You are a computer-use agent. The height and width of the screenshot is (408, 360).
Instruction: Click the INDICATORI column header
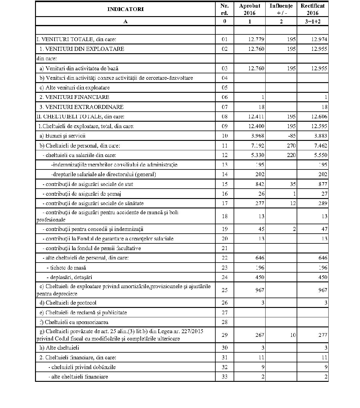tap(125, 9)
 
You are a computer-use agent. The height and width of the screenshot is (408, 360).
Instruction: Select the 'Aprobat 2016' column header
tap(249, 9)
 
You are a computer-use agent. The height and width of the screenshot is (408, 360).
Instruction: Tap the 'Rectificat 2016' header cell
tap(312, 9)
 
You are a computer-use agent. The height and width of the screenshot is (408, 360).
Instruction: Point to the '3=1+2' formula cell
tap(312, 21)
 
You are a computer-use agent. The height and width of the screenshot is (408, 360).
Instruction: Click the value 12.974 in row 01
tap(319, 39)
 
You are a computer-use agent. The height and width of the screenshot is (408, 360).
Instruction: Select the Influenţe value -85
tap(291, 136)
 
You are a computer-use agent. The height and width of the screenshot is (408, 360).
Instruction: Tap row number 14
tap(224, 174)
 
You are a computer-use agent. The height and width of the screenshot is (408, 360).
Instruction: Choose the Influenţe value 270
tap(291, 145)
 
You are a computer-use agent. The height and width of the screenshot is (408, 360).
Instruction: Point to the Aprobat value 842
tap(259, 184)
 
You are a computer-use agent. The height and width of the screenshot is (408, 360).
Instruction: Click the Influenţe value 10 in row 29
tap(293, 335)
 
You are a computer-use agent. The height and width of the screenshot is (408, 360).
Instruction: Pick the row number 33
tap(224, 377)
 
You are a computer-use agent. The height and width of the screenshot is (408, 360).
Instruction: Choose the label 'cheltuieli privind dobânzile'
tap(82, 367)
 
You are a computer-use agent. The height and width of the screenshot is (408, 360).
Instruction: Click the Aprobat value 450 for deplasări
tap(259, 277)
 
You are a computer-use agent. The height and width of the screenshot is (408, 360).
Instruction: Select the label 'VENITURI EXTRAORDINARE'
tap(82, 107)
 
